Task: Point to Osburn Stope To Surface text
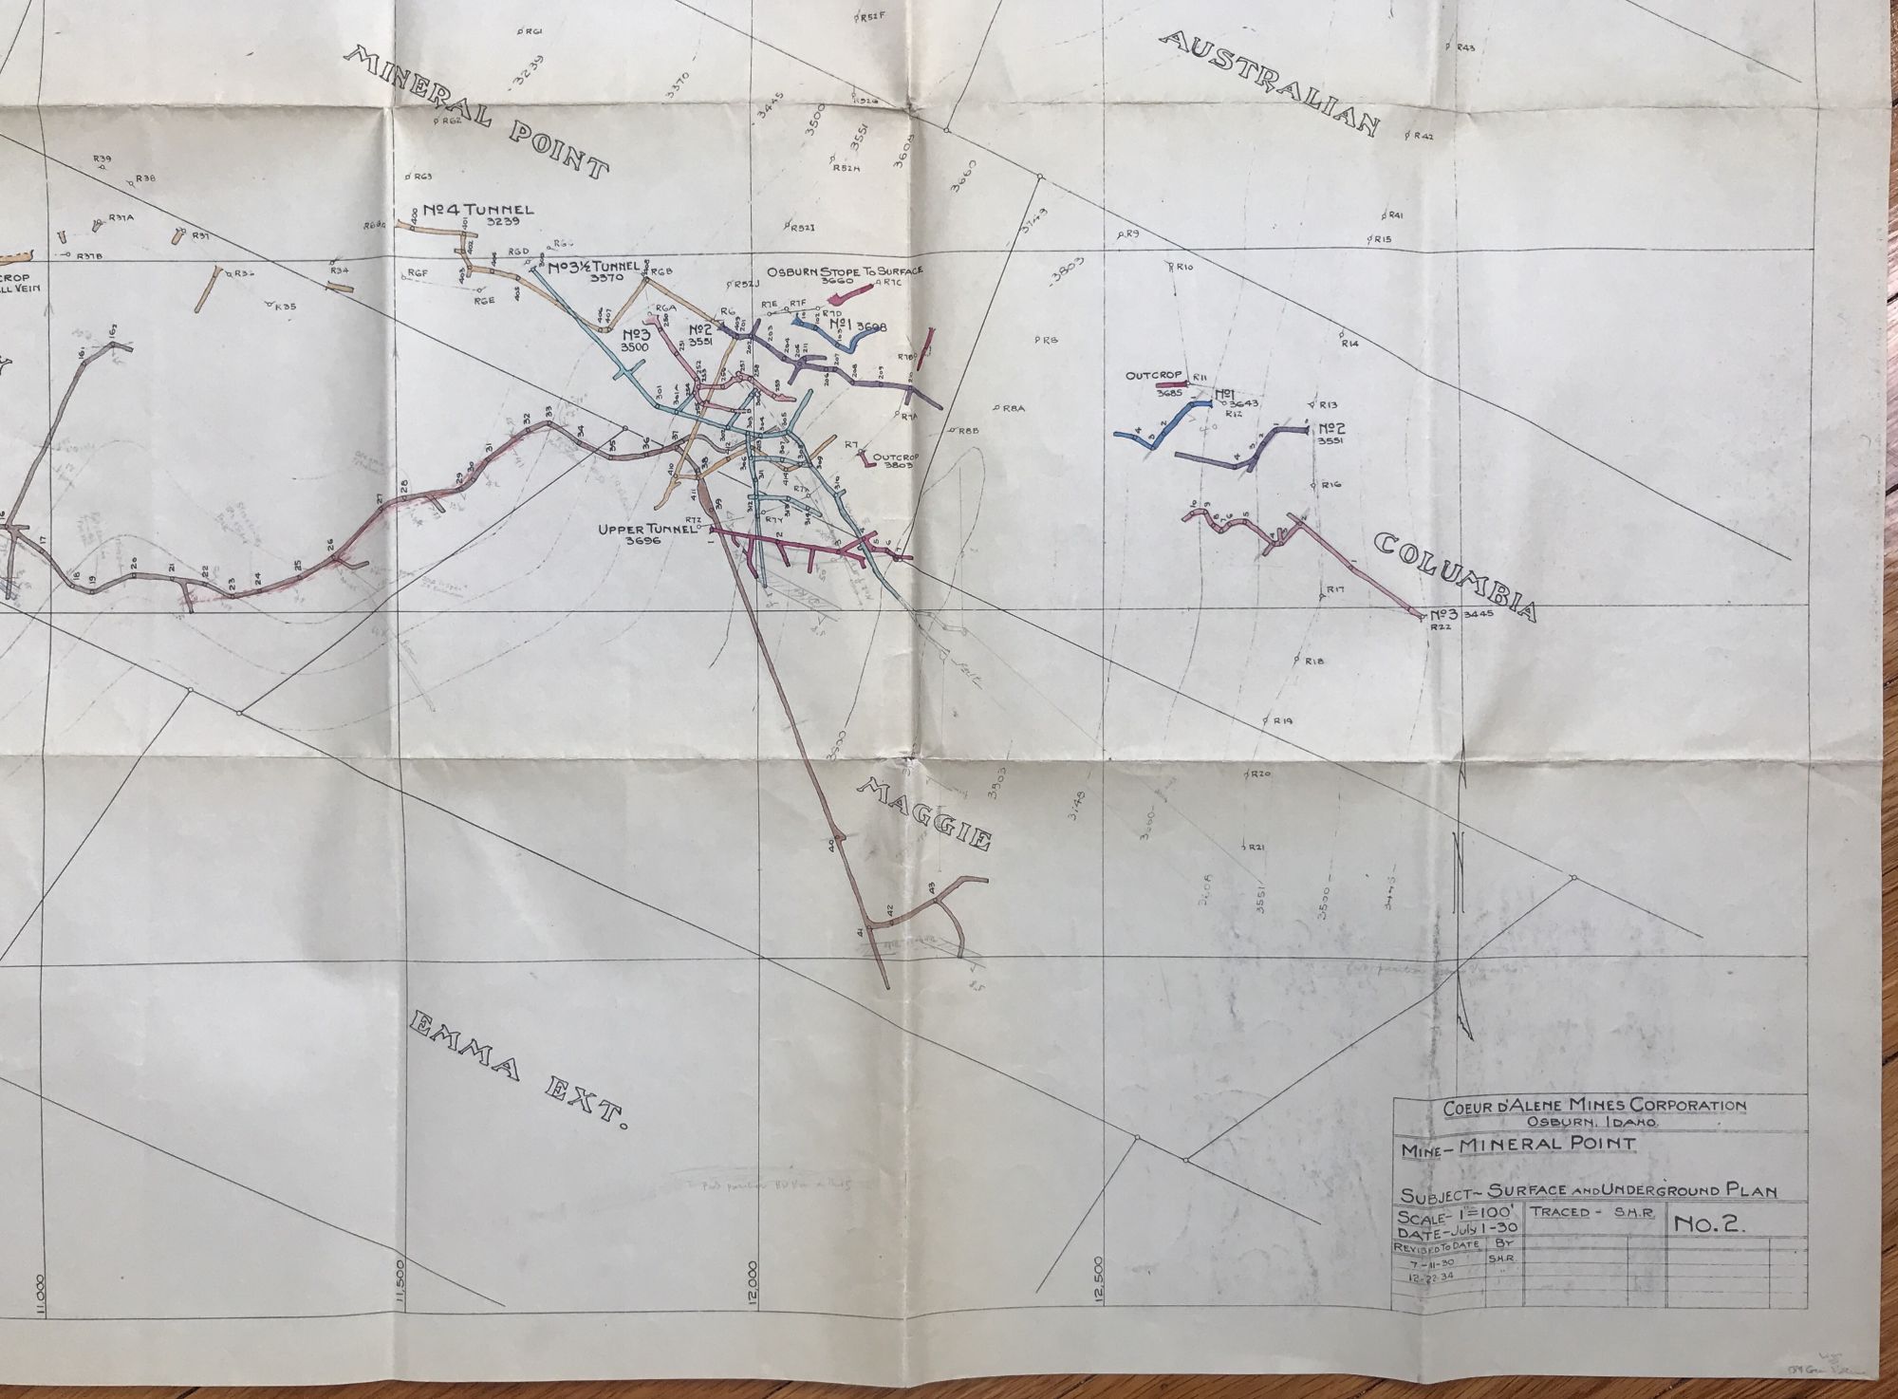tap(845, 270)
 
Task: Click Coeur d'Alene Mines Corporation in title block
tap(1593, 1105)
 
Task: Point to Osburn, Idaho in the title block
tap(1593, 1122)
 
